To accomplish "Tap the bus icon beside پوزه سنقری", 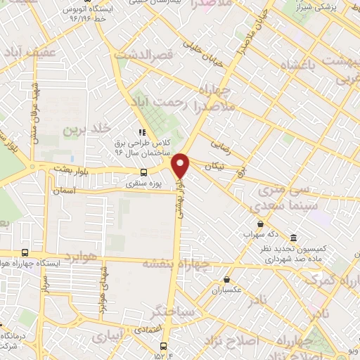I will [x=144, y=172].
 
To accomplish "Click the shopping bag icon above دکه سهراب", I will [x=260, y=224].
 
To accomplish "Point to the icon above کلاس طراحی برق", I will [x=141, y=131].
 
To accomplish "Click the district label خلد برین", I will [x=87, y=129].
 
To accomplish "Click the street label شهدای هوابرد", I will [x=103, y=290].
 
